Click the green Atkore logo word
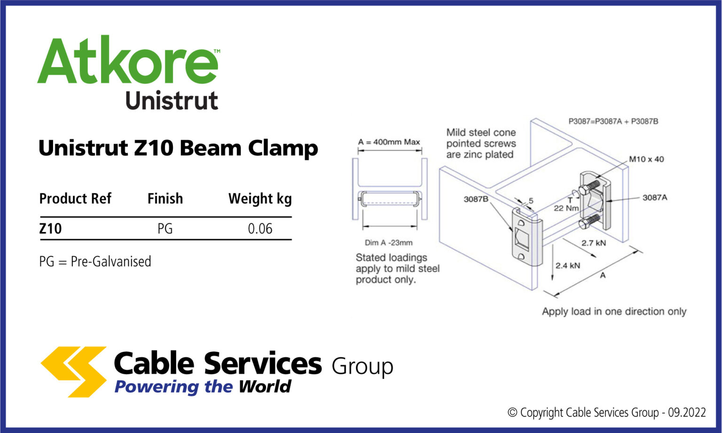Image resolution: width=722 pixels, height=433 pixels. [128, 61]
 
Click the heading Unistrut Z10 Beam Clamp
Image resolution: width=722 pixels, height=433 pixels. [178, 148]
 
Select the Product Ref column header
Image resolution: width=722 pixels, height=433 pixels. [75, 199]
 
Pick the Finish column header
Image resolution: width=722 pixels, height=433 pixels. [165, 199]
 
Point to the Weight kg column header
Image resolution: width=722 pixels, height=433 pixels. [260, 199]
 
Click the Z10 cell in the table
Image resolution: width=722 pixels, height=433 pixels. [50, 229]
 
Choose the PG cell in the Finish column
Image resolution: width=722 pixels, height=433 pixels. [165, 229]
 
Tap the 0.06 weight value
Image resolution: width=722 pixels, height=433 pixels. [260, 229]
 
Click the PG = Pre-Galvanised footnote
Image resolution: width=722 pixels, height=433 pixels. [95, 262]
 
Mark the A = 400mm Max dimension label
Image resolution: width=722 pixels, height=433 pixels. [389, 142]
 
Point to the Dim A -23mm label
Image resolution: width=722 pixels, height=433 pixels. [389, 243]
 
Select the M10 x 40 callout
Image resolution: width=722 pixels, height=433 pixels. [646, 159]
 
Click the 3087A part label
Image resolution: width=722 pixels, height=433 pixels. [655, 198]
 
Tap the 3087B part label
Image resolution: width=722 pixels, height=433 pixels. [476, 199]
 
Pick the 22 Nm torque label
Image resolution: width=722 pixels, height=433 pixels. [566, 208]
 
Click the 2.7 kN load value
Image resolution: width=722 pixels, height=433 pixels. [594, 243]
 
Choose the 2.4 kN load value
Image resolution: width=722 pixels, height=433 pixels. [568, 266]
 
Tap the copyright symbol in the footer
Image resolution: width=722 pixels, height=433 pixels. [512, 413]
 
